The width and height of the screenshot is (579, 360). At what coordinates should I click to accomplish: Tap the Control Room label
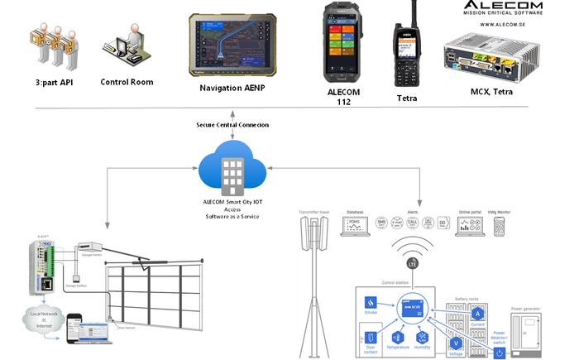click(127, 82)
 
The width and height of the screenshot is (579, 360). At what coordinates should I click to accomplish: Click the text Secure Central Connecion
click(232, 125)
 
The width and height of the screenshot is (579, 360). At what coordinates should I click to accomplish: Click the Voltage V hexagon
click(455, 343)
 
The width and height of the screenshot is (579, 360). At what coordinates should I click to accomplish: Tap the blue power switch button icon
click(499, 353)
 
